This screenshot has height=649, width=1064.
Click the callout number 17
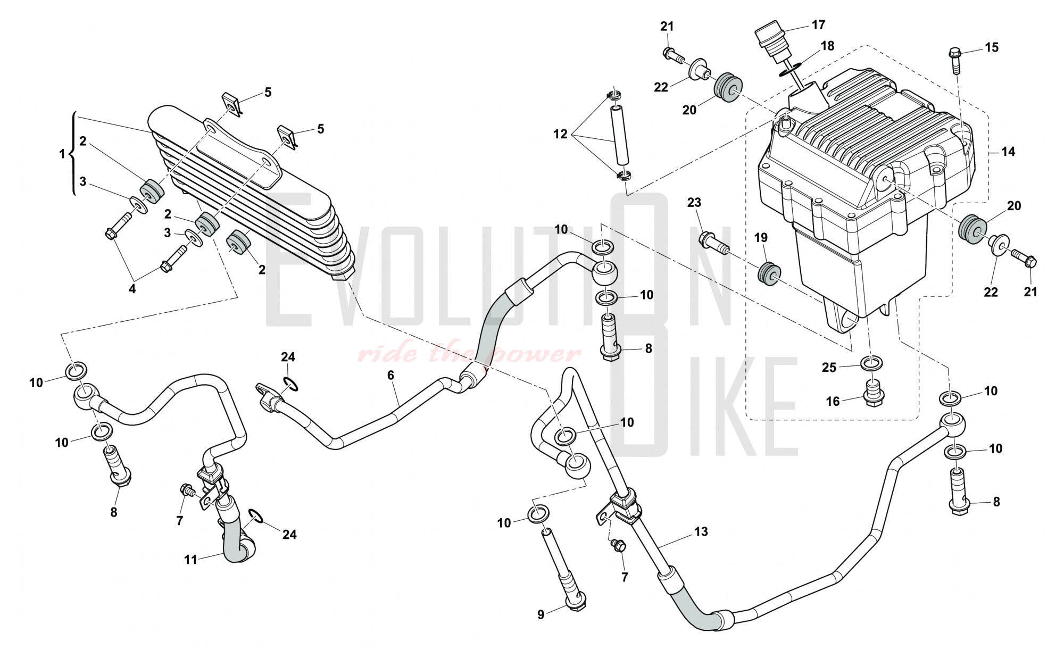[x=818, y=24]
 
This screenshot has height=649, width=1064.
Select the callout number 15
[x=992, y=47]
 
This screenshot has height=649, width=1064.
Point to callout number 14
[x=1008, y=152]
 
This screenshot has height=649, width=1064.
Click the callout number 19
[x=761, y=238]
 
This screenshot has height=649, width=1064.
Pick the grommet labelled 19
[x=769, y=273]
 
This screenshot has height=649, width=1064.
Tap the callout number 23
[x=694, y=202]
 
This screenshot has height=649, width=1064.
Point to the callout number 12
[x=561, y=134]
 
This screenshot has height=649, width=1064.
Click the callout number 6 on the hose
[x=391, y=376]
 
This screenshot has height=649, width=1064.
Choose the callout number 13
[x=701, y=531]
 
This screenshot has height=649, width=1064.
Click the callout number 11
[x=190, y=559]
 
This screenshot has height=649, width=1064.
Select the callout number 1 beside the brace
[x=62, y=154]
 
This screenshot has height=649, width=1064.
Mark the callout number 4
[x=132, y=289]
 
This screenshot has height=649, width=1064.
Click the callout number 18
[x=827, y=46]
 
